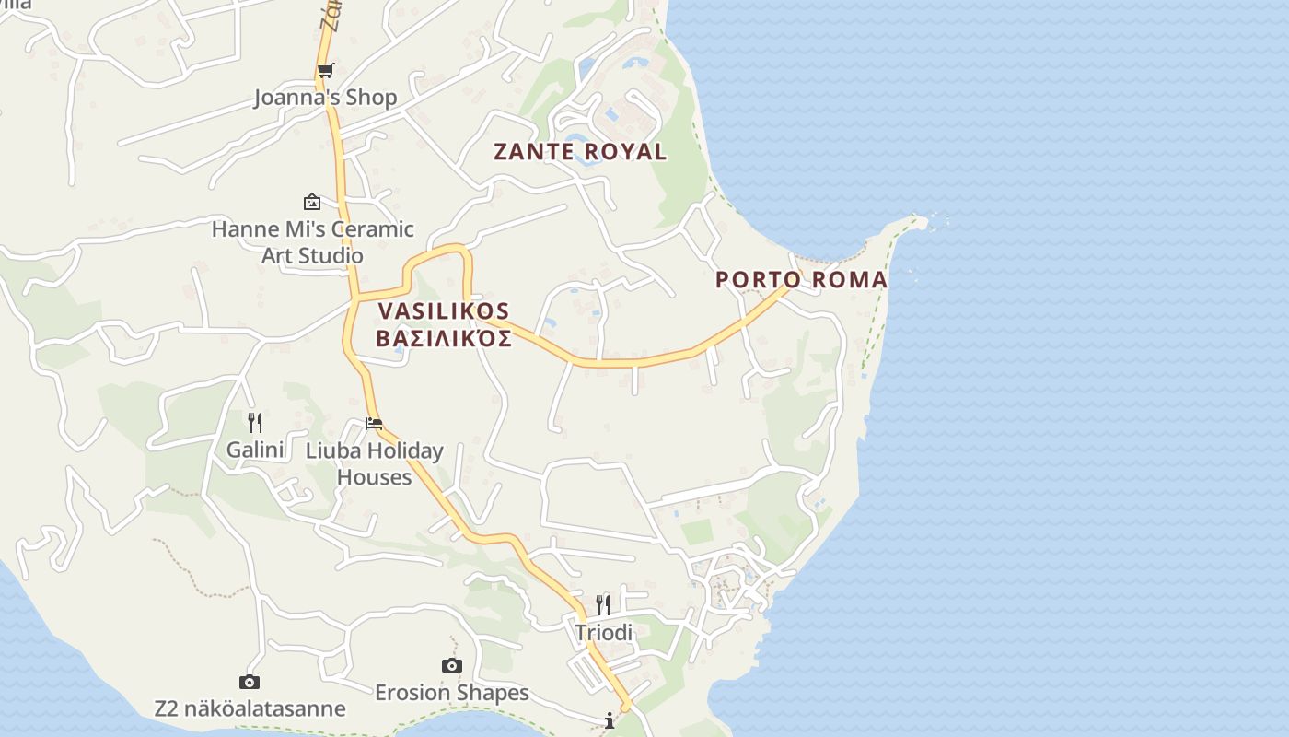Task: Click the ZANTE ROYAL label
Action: (580, 152)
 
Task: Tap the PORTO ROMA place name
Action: (801, 279)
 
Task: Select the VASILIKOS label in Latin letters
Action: (443, 311)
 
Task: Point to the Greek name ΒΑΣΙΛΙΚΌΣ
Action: (443, 338)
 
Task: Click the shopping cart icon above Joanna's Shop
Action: (325, 70)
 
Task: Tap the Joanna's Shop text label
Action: (325, 98)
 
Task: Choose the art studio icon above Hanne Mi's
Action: (312, 202)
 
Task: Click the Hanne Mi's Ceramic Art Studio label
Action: (312, 241)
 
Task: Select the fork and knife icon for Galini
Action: (255, 423)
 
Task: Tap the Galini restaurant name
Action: (254, 450)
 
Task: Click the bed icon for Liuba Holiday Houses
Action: (374, 424)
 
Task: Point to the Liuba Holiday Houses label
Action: (374, 463)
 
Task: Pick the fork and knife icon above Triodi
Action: (603, 605)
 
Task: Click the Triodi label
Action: (603, 633)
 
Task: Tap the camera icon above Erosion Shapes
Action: (451, 665)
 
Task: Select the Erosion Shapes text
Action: (451, 693)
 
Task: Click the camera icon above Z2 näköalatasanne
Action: (249, 682)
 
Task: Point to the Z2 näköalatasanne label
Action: (250, 708)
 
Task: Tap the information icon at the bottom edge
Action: (610, 720)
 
